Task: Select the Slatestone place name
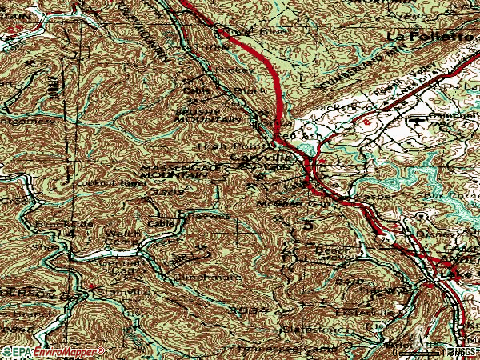coord(293,328)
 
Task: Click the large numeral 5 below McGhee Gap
coord(309,227)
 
